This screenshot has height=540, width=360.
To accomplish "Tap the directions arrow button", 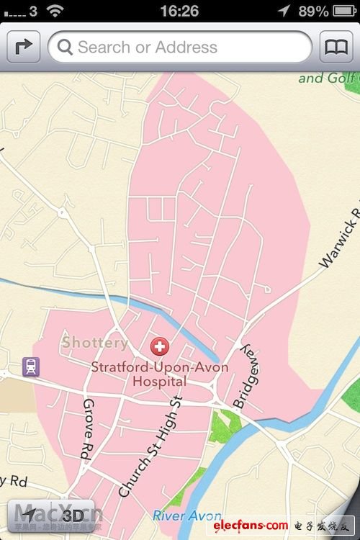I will [x=23, y=48].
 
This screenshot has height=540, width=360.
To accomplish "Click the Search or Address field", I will [x=180, y=48].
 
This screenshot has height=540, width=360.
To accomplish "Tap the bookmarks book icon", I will [x=336, y=48].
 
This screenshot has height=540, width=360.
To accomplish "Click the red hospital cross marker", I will [x=158, y=347].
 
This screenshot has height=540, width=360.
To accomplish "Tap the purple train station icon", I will [x=30, y=366].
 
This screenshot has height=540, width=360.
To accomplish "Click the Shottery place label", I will [x=94, y=343].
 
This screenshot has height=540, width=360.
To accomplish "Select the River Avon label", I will [x=187, y=516].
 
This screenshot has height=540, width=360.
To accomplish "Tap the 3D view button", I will [x=72, y=515].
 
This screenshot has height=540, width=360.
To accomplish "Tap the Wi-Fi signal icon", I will [x=55, y=11].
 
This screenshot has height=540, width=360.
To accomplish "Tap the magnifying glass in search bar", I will [x=66, y=48].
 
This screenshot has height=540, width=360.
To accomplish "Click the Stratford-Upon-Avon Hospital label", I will [x=159, y=374].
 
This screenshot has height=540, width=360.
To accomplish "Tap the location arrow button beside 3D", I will [x=27, y=515].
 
